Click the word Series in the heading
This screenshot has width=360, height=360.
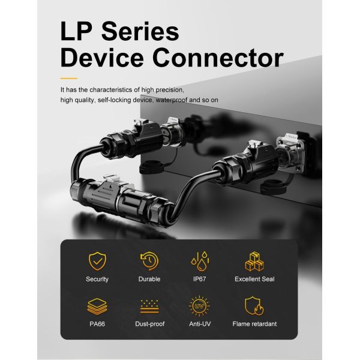click(140, 31)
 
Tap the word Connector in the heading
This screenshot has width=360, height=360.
click(218, 58)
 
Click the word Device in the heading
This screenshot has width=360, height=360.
click(102, 58)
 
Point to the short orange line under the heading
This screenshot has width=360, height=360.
click(68, 79)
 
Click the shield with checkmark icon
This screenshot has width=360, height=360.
click(98, 261)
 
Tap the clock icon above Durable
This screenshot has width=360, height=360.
click(149, 261)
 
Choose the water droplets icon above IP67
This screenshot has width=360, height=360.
click(200, 261)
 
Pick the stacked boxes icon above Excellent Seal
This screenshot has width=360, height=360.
click(254, 261)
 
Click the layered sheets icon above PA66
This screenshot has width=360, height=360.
click(97, 306)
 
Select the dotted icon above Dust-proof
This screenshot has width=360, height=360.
click(149, 306)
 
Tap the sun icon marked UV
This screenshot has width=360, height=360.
click(199, 306)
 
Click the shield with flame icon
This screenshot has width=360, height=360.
click(254, 306)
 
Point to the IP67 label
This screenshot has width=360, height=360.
click(200, 279)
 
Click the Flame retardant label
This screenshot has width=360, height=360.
click(254, 324)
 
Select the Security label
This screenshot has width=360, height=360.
click(97, 279)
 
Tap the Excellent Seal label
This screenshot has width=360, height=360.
click(254, 279)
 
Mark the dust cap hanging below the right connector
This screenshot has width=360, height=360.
click(273, 187)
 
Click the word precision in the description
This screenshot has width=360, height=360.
click(170, 90)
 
